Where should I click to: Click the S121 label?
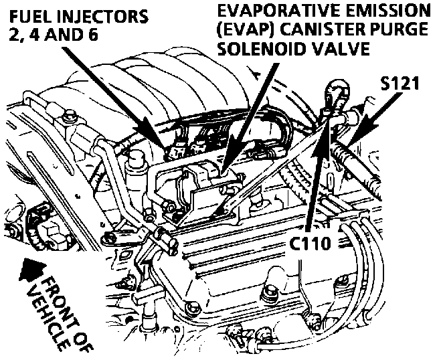[400, 85]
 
